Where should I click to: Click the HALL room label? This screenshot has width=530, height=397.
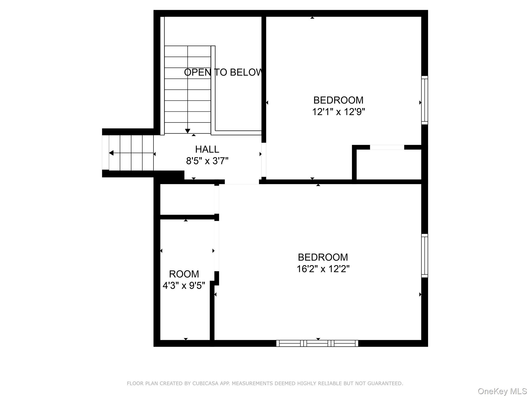point(207,149)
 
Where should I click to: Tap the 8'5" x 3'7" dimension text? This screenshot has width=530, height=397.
point(207,161)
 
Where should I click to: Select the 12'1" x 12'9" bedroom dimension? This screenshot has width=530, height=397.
point(338,112)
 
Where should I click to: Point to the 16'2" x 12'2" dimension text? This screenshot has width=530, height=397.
point(323,269)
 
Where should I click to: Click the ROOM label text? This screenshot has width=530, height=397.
point(184,274)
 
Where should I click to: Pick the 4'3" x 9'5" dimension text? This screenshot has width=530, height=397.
point(184,286)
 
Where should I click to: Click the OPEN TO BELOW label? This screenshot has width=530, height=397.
point(223,72)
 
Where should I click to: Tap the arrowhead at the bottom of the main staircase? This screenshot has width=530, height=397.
point(188,131)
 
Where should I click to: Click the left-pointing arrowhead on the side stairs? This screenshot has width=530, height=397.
point(111,153)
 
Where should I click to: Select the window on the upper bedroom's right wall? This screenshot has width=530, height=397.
point(425,100)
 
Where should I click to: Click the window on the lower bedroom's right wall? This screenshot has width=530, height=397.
point(425,256)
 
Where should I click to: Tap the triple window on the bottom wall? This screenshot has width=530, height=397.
point(317,343)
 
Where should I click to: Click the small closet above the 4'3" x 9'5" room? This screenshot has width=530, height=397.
point(187,199)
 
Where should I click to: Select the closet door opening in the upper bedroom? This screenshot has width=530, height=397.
point(387,147)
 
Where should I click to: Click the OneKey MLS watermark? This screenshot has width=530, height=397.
point(502,391)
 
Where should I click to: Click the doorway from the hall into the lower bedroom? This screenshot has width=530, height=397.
point(242,182)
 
